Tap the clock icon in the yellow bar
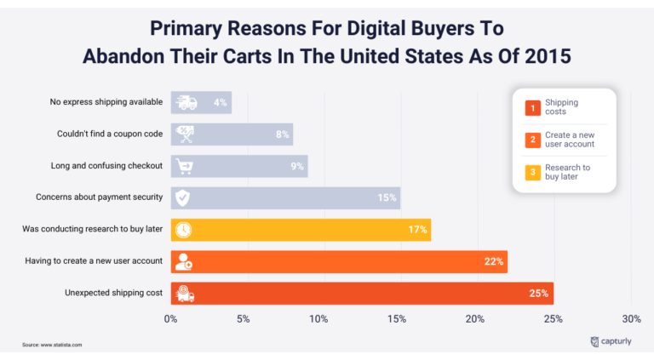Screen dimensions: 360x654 (x=182, y=230)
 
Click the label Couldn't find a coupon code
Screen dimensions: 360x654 (x=110, y=134)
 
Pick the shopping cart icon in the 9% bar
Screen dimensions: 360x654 (x=183, y=166)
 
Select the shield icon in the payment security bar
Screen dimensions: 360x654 (x=182, y=198)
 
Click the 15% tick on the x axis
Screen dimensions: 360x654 (x=396, y=318)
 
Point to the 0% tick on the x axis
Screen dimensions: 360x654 (x=170, y=318)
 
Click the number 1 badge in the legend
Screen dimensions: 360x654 (x=531, y=107)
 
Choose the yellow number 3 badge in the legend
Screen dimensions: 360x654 (x=531, y=173)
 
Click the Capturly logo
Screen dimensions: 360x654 (x=610, y=342)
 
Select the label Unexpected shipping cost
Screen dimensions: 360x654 (x=113, y=294)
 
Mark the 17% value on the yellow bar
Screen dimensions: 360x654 (x=417, y=230)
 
